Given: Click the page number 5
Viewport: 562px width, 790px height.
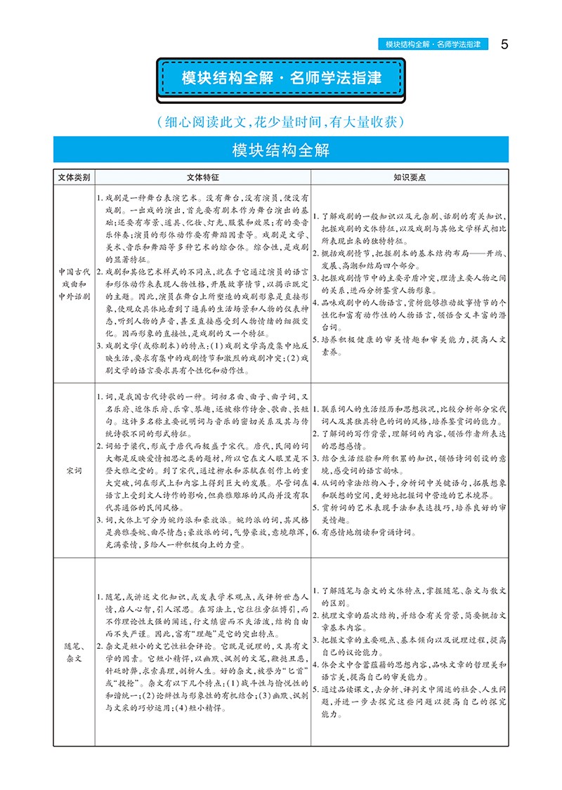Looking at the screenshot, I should tap(504, 44).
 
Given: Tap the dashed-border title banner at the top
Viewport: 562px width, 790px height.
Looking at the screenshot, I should tap(281, 78).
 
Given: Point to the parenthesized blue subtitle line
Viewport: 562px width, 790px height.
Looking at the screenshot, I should tap(281, 121).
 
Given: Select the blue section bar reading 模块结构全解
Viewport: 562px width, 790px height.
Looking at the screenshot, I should tap(281, 150).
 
